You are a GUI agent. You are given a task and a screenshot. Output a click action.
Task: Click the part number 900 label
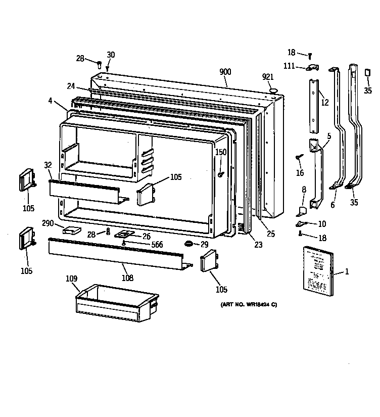225,72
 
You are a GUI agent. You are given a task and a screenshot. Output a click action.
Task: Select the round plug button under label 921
274,90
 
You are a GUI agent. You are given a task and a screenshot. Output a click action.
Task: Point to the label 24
70,86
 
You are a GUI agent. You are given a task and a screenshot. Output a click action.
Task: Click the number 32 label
47,165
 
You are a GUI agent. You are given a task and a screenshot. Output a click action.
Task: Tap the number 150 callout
221,152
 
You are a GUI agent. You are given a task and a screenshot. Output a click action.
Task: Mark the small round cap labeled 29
189,244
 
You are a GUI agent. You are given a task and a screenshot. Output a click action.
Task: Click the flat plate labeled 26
123,235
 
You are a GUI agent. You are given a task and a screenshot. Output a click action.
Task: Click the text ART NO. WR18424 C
249,304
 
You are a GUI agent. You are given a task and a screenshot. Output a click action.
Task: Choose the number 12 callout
324,103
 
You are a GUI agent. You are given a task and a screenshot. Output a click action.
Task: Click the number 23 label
258,246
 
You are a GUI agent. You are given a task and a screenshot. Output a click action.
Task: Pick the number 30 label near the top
111,55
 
